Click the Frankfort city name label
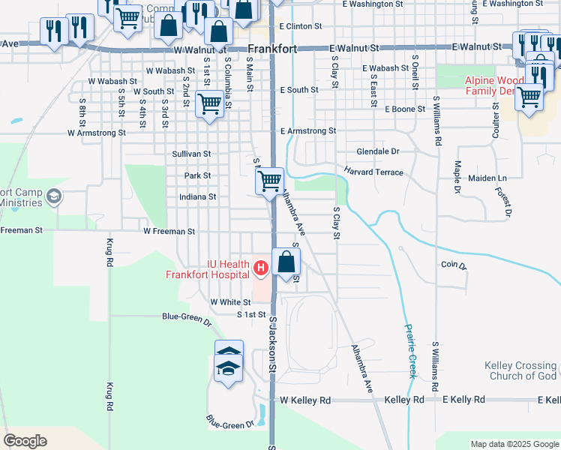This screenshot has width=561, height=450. coord(271,49)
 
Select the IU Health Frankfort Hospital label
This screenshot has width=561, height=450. coord(208,268)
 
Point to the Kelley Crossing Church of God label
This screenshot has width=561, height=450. coord(521,370)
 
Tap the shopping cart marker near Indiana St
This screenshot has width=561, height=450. coord(268,181)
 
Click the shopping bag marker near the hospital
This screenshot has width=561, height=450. coord(286,262)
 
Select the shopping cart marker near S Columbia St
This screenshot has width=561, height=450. coord(208,104)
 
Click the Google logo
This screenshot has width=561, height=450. coord(25,441)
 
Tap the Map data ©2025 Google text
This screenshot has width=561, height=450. coord(513,444)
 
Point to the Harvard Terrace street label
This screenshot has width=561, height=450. coord(374,172)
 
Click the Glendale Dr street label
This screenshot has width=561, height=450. coord(378,151)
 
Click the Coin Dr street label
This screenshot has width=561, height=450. coord(454,265)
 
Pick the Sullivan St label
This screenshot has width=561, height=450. coord(193,154)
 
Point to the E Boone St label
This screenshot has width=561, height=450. coord(405,109)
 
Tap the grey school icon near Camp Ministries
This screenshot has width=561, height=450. coord(54,196)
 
